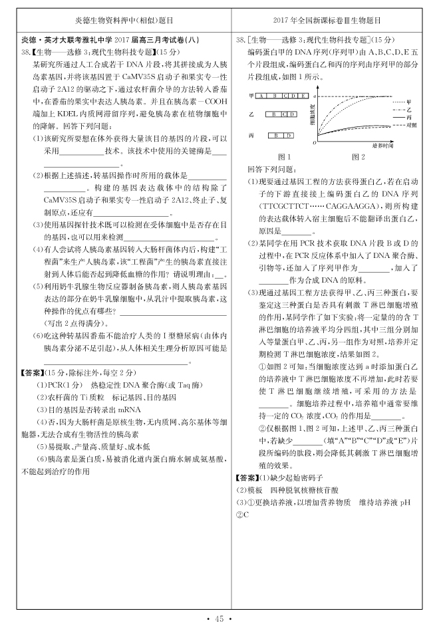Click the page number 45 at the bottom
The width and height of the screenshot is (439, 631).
[219, 620]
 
